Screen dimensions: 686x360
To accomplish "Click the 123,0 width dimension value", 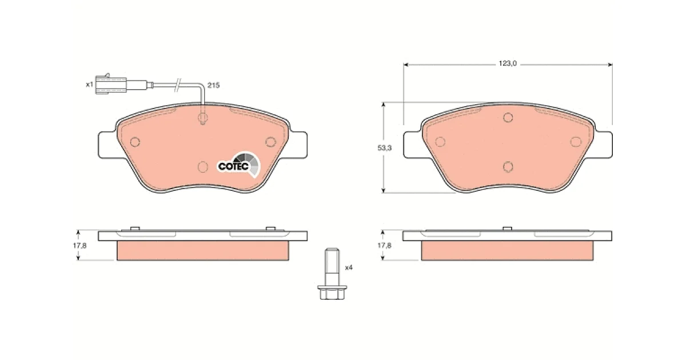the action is [x=508, y=63].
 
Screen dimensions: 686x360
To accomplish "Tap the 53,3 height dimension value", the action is [x=384, y=148].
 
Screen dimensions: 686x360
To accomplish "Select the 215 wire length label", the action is [x=213, y=85].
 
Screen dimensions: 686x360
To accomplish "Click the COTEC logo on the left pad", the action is [x=238, y=165].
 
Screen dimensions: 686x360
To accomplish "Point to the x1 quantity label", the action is [x=89, y=84].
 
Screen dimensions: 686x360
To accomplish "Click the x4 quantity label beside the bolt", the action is [x=349, y=267].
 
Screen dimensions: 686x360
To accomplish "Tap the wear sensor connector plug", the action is [x=110, y=85].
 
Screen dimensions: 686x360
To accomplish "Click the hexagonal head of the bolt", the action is [x=332, y=293].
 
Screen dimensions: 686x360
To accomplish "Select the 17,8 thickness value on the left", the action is [x=79, y=246].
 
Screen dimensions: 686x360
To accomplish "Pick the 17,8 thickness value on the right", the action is [x=384, y=246].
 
